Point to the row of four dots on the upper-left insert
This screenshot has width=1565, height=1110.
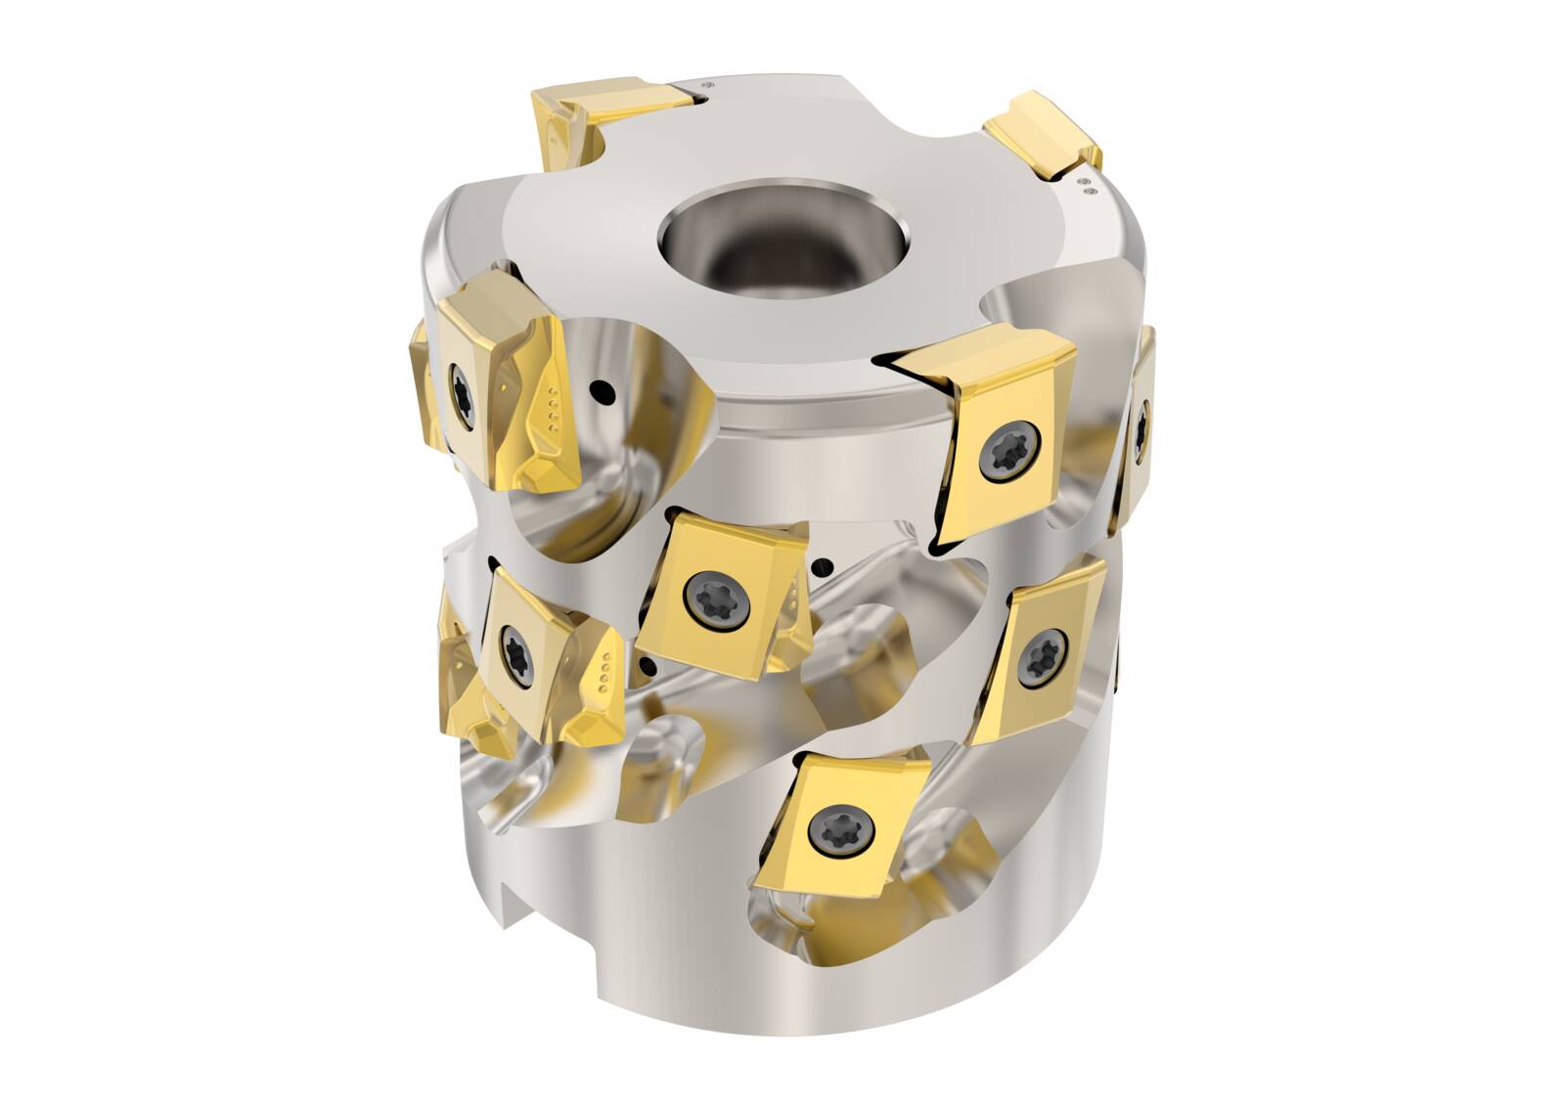click(x=556, y=412)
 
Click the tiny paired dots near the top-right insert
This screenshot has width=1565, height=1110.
click(x=1083, y=185)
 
